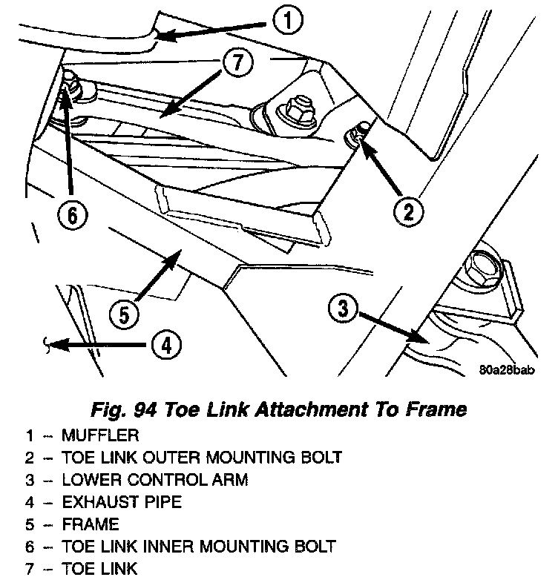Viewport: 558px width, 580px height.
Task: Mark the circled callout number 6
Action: point(72,215)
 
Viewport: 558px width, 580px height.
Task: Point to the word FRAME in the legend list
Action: point(91,525)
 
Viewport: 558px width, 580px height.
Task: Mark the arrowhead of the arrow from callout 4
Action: point(47,343)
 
